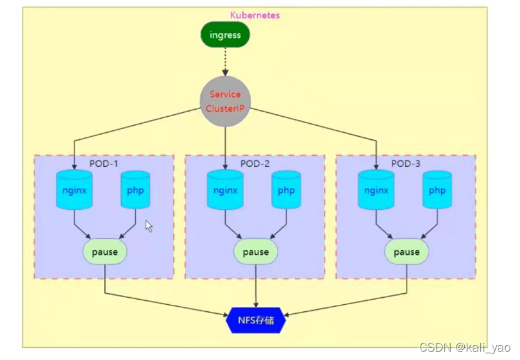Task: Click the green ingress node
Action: click(x=224, y=35)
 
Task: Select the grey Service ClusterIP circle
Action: click(x=225, y=101)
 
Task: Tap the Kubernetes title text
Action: click(x=255, y=15)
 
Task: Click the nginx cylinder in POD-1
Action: click(x=74, y=190)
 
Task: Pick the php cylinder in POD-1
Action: click(x=135, y=190)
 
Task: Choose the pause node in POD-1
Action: click(x=105, y=252)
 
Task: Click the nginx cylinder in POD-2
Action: click(x=225, y=190)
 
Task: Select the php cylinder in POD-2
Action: click(x=286, y=190)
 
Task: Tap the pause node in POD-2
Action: click(x=256, y=252)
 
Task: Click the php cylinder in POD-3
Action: click(x=437, y=190)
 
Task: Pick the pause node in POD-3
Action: click(x=407, y=252)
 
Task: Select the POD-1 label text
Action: click(x=104, y=164)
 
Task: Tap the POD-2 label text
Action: click(x=255, y=164)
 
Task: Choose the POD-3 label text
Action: click(x=406, y=164)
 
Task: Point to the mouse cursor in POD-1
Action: click(x=149, y=226)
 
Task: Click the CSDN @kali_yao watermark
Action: click(x=464, y=347)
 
